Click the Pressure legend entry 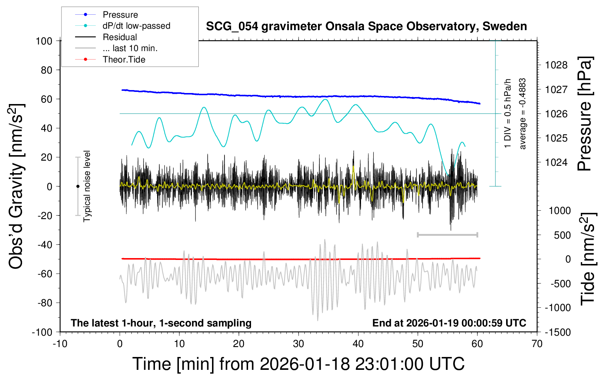[120, 15]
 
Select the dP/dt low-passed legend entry [136, 26]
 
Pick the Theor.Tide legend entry [124, 60]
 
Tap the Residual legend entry [120, 37]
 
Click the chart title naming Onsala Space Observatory [366, 26]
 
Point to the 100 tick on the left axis [44, 41]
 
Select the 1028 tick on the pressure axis [556, 65]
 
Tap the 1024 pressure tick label [556, 162]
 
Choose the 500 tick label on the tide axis [562, 235]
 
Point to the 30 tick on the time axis [299, 344]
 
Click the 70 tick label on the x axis [537, 344]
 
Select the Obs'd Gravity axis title [17, 186]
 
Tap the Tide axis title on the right [588, 259]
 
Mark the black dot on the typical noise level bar [78, 186]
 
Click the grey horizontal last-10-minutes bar [447, 235]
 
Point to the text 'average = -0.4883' [522, 114]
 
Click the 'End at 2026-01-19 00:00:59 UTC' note [449, 323]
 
